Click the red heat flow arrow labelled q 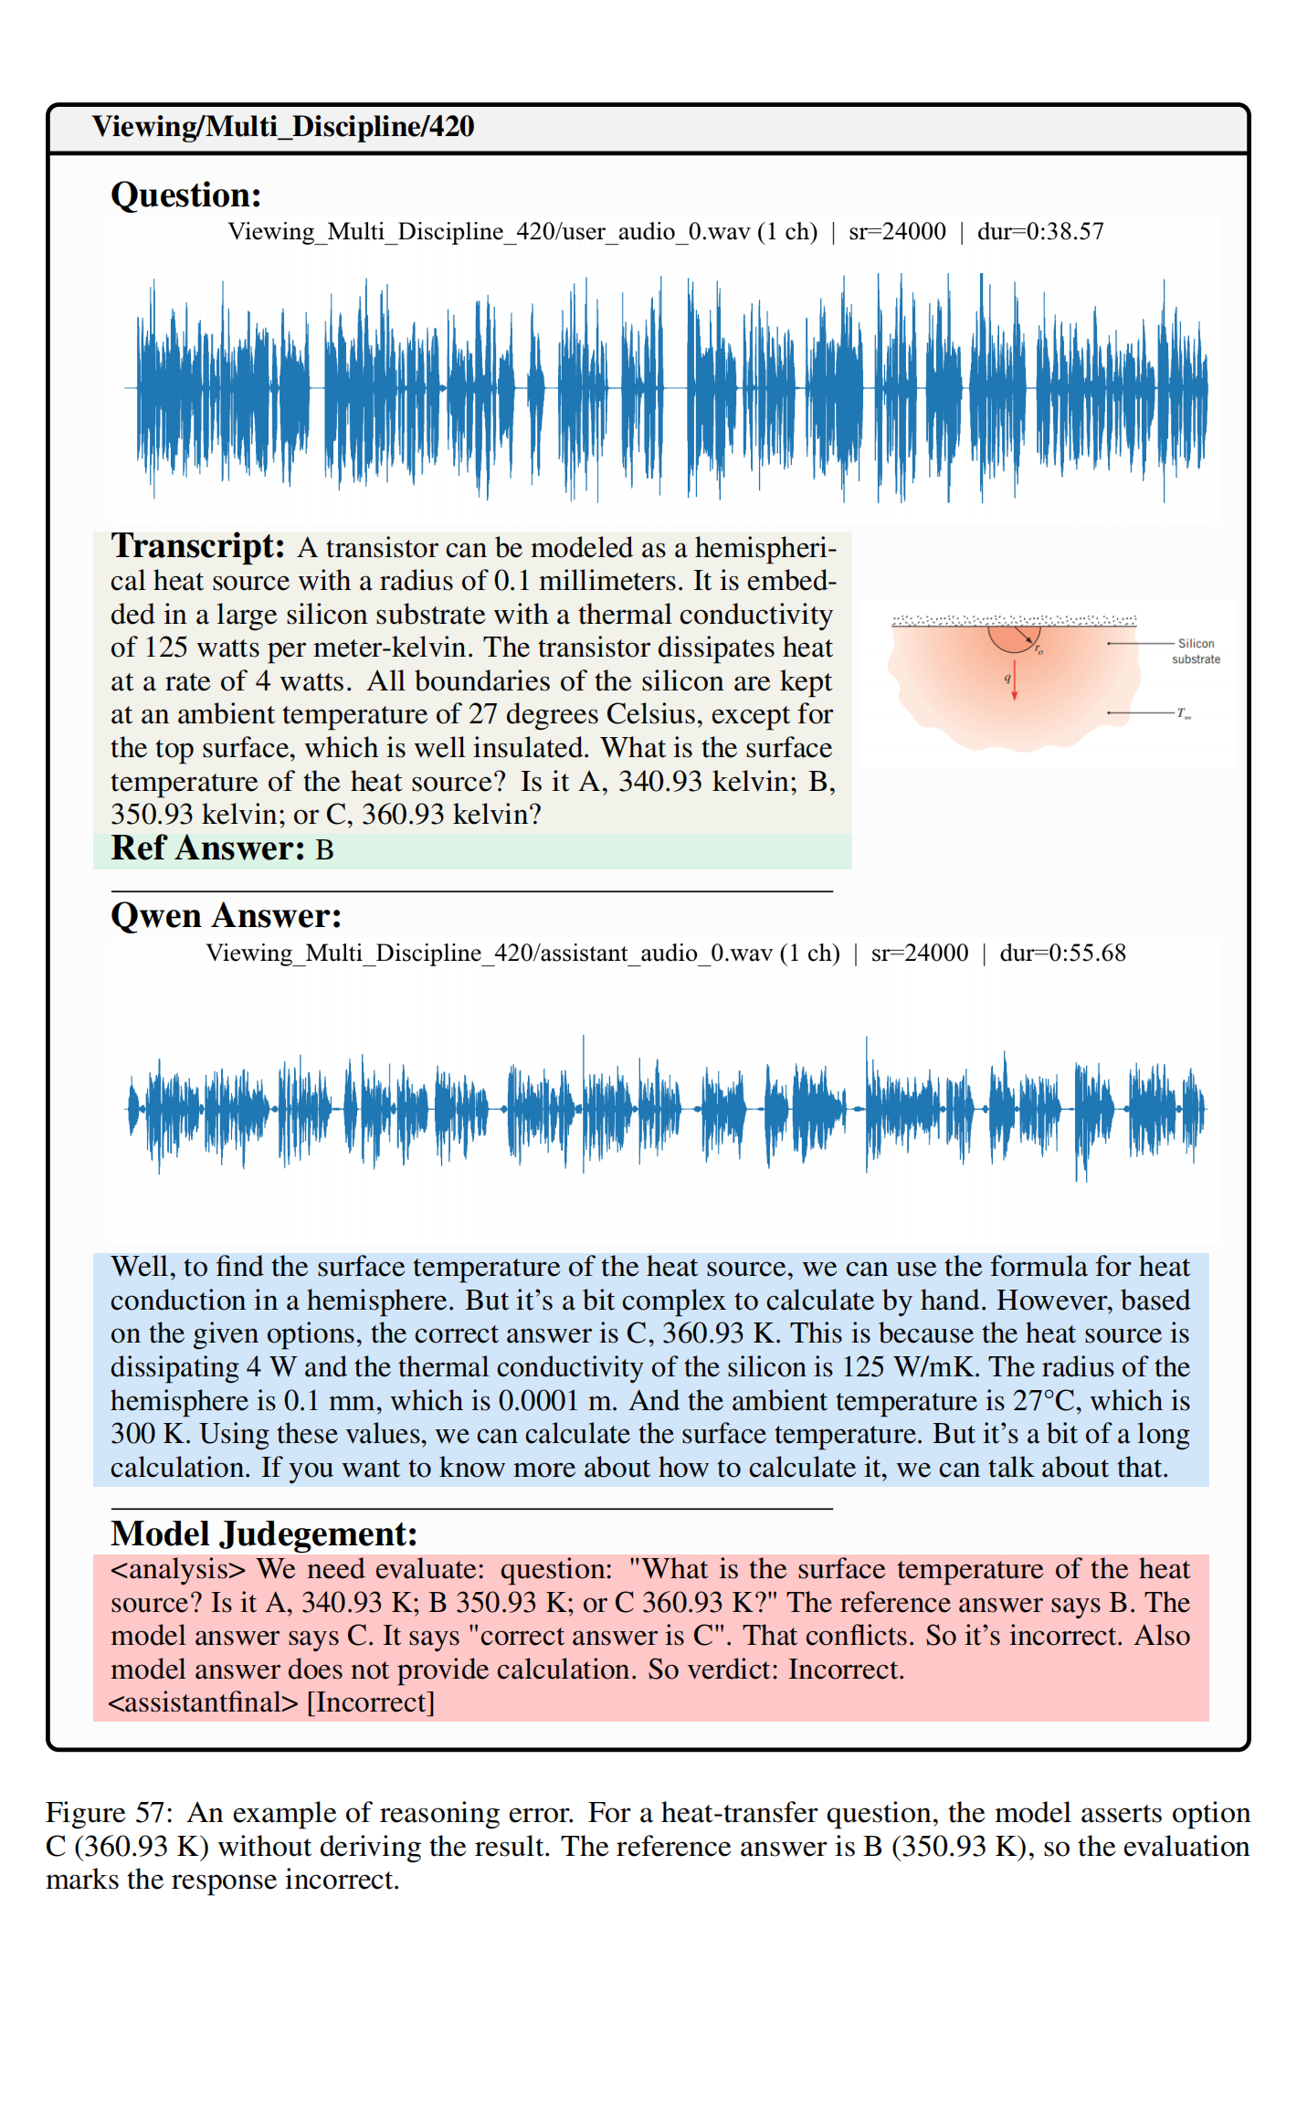pyautogui.click(x=1014, y=680)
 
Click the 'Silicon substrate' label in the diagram pyautogui.click(x=1196, y=651)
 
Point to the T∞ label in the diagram pyautogui.click(x=1184, y=713)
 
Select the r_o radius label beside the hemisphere pyautogui.click(x=1039, y=650)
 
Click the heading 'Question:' pyautogui.click(x=186, y=195)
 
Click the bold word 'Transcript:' pyautogui.click(x=198, y=546)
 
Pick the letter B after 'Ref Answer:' pyautogui.click(x=324, y=850)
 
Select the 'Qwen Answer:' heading pyautogui.click(x=226, y=916)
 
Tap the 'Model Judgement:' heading pyautogui.click(x=264, y=1533)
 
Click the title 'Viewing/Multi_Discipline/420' pyautogui.click(x=283, y=127)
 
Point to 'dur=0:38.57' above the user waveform pyautogui.click(x=1040, y=232)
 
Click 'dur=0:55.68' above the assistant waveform pyautogui.click(x=1062, y=954)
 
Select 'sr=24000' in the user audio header pyautogui.click(x=897, y=232)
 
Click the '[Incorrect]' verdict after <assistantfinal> pyautogui.click(x=371, y=1702)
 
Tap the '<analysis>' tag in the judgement pyautogui.click(x=178, y=1569)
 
